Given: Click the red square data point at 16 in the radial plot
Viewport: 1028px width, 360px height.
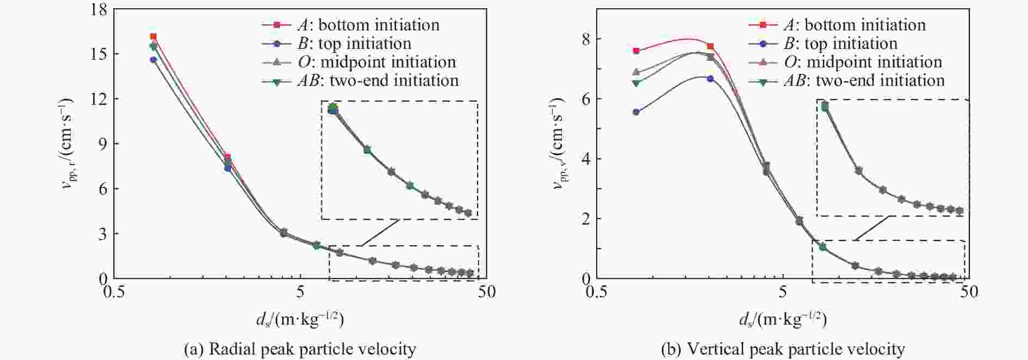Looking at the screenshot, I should [153, 36].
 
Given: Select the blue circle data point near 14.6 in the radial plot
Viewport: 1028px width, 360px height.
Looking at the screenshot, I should [153, 60].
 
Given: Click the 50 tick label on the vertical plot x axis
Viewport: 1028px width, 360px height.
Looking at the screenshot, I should [968, 293].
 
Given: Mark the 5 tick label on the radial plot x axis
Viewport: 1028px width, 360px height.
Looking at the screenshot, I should [301, 293].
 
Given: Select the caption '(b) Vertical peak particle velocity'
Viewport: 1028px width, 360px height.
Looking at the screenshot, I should [783, 349].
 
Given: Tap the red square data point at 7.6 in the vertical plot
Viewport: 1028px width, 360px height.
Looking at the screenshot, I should [636, 51].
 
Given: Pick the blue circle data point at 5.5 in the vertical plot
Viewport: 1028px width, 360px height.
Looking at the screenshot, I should [636, 112].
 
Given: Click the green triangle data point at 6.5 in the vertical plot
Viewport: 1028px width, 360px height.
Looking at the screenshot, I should [636, 83].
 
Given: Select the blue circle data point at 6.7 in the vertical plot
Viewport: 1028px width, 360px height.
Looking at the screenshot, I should [710, 79].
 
